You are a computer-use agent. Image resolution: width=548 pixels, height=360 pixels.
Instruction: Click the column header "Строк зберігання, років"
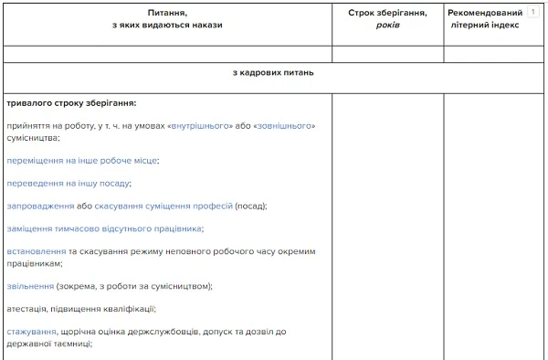tap(387, 19)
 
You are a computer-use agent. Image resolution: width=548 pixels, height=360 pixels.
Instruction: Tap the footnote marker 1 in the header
tap(532, 13)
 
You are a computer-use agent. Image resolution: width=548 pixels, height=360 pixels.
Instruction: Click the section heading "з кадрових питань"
tap(274, 73)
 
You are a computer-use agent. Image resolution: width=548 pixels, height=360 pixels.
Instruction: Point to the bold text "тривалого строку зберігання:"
tap(71, 102)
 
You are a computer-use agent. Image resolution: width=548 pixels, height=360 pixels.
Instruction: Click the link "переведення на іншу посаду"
tap(68, 183)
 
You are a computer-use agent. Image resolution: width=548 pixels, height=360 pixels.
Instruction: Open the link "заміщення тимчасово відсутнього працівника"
tap(105, 228)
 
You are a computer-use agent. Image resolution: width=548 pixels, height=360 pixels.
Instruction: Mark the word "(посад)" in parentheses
tap(252, 206)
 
